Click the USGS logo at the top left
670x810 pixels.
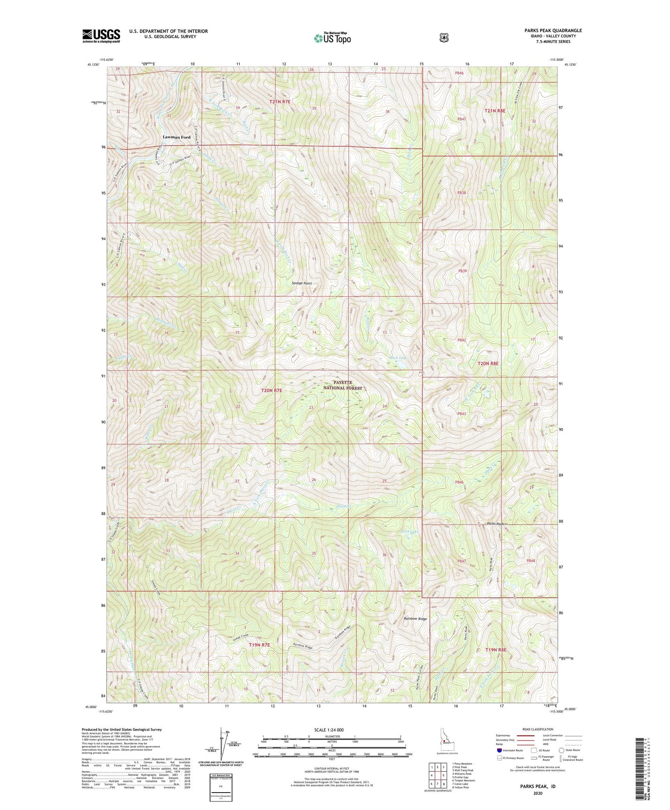[101, 36]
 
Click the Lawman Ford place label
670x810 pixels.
[176, 137]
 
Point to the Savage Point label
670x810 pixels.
[302, 283]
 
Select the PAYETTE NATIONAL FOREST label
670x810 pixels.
[343, 385]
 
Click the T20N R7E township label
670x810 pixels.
[272, 390]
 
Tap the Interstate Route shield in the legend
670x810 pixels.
[499, 750]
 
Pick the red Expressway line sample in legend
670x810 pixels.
[526, 735]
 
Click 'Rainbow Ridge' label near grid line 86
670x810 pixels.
[415, 619]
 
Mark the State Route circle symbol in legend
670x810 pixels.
[561, 750]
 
